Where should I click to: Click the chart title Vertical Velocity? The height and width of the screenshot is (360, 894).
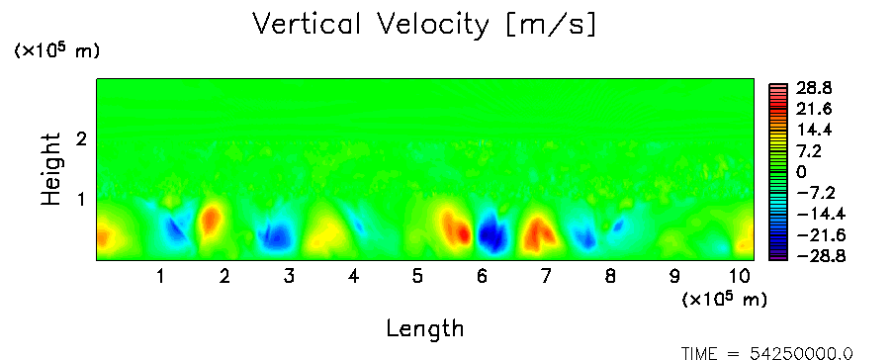(370, 25)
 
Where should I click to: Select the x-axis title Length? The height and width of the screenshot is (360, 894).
(425, 329)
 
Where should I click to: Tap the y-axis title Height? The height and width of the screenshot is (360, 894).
(51, 169)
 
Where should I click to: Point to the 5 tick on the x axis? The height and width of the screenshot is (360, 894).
(417, 277)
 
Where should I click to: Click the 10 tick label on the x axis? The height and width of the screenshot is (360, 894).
(740, 277)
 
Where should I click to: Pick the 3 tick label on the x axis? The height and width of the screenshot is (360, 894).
(289, 277)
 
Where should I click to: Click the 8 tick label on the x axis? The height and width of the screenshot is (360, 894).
(610, 277)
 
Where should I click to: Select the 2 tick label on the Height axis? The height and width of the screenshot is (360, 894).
(81, 138)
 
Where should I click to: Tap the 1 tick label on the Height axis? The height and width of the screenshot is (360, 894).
(81, 200)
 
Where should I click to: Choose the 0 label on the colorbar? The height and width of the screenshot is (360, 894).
(801, 172)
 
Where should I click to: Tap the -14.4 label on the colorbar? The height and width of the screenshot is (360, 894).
(820, 214)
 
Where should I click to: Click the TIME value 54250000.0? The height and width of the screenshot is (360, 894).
(800, 354)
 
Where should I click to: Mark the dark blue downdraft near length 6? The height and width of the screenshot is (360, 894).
(491, 232)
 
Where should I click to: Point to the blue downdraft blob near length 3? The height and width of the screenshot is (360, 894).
(276, 235)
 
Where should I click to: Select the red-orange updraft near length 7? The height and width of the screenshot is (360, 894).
(538, 234)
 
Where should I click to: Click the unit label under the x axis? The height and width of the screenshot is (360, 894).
(724, 300)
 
